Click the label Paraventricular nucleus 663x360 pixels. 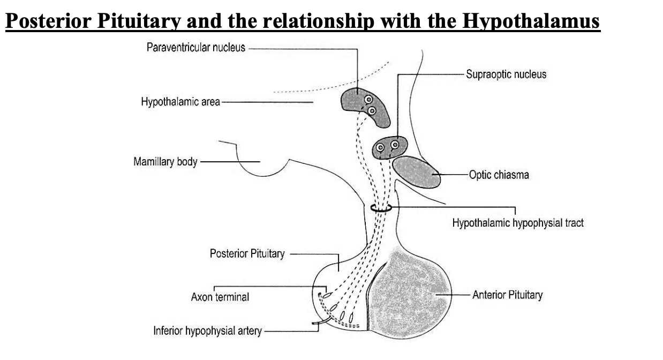tap(195, 48)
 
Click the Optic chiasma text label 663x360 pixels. tap(499, 175)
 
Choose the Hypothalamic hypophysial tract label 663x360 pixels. tap(518, 222)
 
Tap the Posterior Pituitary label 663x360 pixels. tap(247, 253)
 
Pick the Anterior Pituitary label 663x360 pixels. tap(508, 295)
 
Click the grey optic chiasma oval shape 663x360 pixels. tap(418, 172)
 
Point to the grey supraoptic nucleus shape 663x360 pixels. tap(390, 147)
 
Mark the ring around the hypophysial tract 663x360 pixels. tap(381, 208)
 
